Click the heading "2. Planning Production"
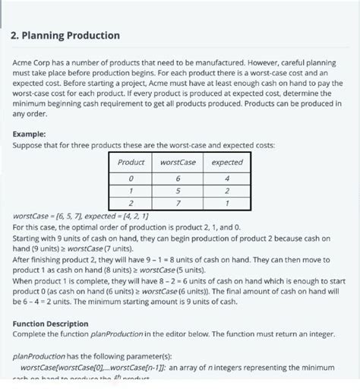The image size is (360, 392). click(x=66, y=35)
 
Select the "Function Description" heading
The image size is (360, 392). click(x=51, y=323)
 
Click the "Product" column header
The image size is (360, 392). click(x=131, y=163)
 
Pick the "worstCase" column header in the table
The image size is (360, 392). click(x=177, y=163)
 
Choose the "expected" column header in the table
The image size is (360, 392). click(x=226, y=163)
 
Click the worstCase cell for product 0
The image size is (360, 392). click(x=177, y=178)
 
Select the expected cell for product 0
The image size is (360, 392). click(x=226, y=178)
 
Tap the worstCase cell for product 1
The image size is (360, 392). click(x=177, y=191)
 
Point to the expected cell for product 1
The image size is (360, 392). click(x=226, y=191)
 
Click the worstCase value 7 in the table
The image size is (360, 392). click(x=177, y=204)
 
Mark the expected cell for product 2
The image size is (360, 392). click(x=226, y=204)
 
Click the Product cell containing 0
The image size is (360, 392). click(x=131, y=178)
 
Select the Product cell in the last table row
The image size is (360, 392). click(x=131, y=204)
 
